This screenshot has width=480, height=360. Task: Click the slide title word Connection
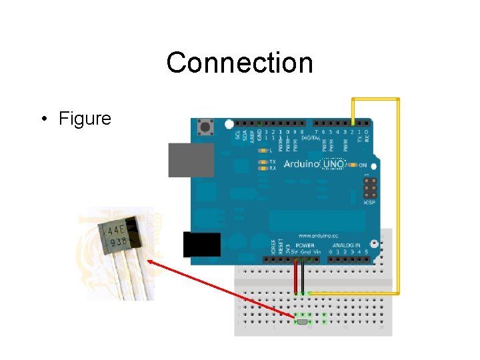[x=239, y=63]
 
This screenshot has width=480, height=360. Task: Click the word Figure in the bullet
[x=85, y=119]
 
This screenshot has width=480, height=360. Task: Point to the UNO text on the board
[x=333, y=164]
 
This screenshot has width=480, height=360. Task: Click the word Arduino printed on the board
[x=302, y=164]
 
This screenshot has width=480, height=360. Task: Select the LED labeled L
[x=262, y=151]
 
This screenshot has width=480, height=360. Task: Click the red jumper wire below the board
[x=295, y=276]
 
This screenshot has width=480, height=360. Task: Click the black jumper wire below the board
[x=303, y=276]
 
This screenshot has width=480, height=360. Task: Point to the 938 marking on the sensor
[x=119, y=243]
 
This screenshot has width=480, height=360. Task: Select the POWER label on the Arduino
[x=304, y=245]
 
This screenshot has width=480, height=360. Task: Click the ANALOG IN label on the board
[x=348, y=245]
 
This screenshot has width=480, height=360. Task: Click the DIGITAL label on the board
[x=311, y=138]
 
